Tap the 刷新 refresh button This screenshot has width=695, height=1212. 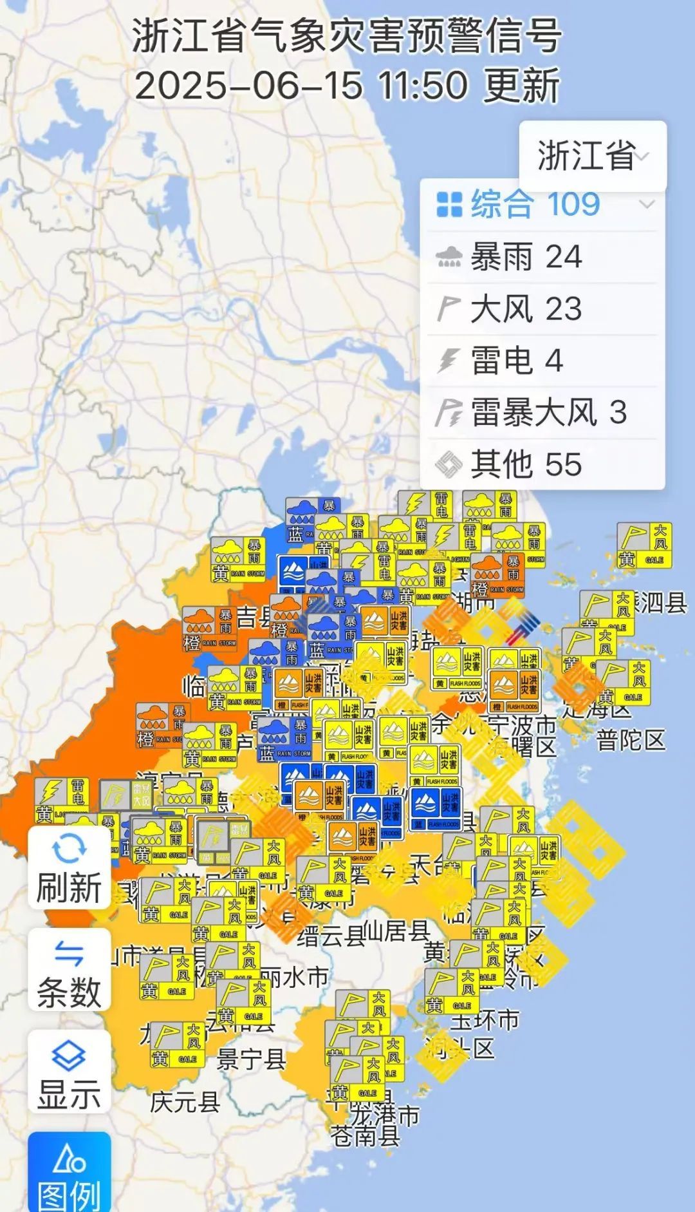coord(69,867)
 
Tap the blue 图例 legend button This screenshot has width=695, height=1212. coord(69,1176)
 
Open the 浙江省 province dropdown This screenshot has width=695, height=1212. coord(593,156)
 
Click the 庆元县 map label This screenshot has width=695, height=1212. coord(185,1102)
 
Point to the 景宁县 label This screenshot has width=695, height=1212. coord(250,1058)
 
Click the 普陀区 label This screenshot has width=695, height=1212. coord(630,740)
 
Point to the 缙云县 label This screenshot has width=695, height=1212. coord(331,936)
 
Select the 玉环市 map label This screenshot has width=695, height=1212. coord(484,1020)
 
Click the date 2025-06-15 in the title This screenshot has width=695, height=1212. coord(248,85)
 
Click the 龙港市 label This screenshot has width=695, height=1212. coord(386,1113)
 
